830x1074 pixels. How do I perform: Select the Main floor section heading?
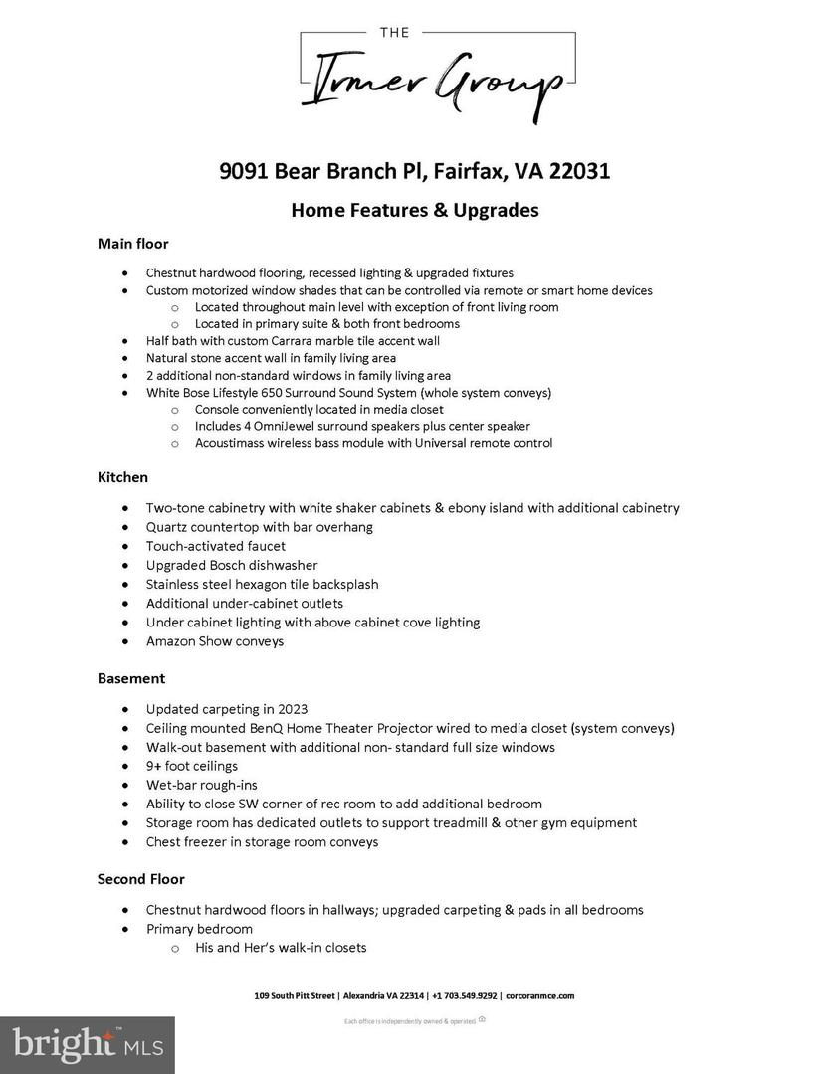133,244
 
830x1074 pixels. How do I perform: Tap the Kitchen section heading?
122,477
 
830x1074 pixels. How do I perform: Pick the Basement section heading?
131,678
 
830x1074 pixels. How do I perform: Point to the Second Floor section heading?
140,879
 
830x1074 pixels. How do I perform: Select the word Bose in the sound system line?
202,392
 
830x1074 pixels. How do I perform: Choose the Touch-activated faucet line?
216,546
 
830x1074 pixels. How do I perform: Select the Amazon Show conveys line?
215,641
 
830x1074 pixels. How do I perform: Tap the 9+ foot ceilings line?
192,766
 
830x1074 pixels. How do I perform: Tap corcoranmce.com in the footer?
539,995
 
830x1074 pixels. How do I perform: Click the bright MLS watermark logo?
88,1044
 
